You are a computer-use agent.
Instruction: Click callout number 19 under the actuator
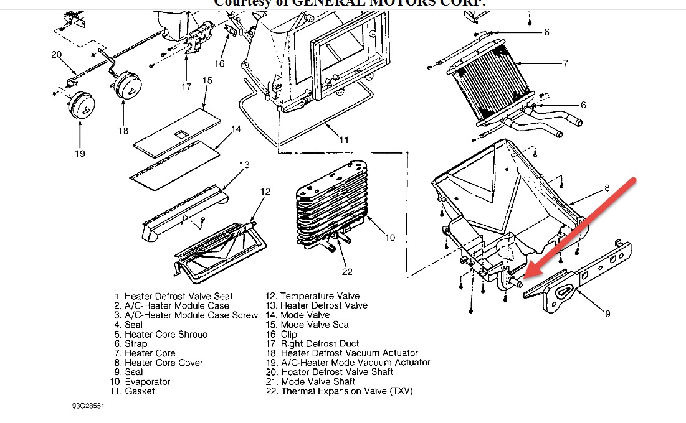(x=80, y=153)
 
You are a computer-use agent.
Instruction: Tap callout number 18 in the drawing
(x=123, y=131)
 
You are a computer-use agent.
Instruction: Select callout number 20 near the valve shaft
(x=57, y=55)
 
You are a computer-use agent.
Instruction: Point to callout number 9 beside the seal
(x=607, y=314)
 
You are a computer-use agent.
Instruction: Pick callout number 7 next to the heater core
(x=565, y=63)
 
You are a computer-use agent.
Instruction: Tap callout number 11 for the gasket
(x=344, y=139)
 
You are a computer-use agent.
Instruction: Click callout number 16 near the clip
(x=219, y=63)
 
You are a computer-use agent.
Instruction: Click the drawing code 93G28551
(x=88, y=406)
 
